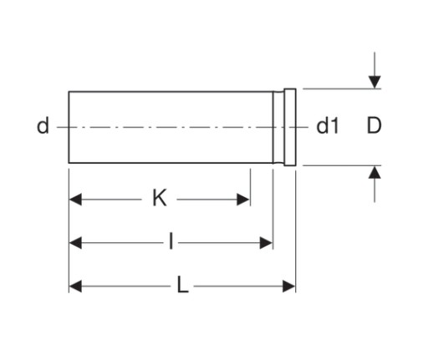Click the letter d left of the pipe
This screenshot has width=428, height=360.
pyautogui.click(x=43, y=126)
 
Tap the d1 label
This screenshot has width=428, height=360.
pyautogui.click(x=328, y=126)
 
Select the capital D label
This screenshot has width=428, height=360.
pyautogui.click(x=374, y=126)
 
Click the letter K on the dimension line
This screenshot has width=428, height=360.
pyautogui.click(x=160, y=198)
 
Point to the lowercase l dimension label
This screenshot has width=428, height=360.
pyautogui.click(x=171, y=241)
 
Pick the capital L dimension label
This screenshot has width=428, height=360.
pyautogui.click(x=183, y=285)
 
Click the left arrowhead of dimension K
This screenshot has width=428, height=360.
pyautogui.click(x=75, y=200)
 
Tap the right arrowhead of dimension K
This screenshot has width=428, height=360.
pyautogui.click(x=243, y=200)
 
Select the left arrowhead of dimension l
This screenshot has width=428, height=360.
pyautogui.click(x=75, y=243)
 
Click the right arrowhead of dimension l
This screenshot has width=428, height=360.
pyautogui.click(x=266, y=243)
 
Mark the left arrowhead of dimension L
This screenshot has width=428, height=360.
pyautogui.click(x=75, y=286)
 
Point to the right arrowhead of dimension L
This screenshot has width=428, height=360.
pyautogui.click(x=289, y=286)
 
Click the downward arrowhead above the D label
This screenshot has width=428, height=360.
pyautogui.click(x=374, y=82)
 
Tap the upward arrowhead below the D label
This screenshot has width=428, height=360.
pyautogui.click(x=374, y=172)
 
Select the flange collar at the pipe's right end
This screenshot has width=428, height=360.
pyautogui.click(x=290, y=127)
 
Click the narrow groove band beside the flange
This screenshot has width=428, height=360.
pyautogui.click(x=278, y=127)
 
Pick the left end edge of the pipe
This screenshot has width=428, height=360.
pyautogui.click(x=69, y=127)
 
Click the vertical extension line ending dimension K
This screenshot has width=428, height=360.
pyautogui.click(x=250, y=187)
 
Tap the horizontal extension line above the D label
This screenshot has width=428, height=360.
pyautogui.click(x=342, y=89)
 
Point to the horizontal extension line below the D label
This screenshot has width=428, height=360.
pyautogui.click(x=342, y=165)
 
